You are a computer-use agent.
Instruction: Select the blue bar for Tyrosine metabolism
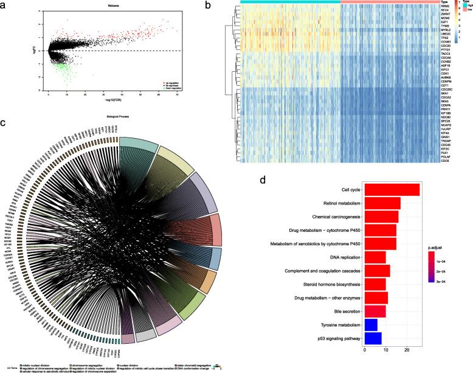[370, 325]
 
